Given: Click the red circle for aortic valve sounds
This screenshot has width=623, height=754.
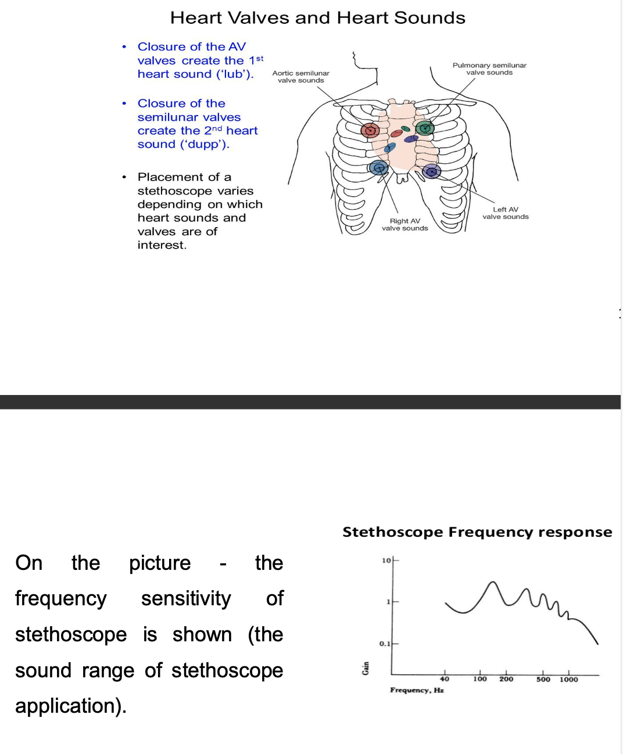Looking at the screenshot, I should point(370,130).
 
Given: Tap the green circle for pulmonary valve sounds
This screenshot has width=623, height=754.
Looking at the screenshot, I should point(425,128).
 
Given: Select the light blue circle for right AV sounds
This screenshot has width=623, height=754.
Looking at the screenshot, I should point(378,168).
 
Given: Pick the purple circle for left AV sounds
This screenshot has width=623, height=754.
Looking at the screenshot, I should point(431,171).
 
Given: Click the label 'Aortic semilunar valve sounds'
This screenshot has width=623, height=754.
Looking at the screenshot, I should point(300,77).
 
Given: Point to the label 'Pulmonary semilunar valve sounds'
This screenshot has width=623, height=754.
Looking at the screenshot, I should point(489,69).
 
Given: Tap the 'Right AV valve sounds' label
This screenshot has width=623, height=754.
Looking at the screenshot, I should point(404,224).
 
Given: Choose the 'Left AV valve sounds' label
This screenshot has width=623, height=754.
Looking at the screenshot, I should point(505,213).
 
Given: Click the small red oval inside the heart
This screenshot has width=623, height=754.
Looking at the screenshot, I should point(396,134).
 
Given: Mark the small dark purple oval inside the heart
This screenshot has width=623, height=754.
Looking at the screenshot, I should point(411,139).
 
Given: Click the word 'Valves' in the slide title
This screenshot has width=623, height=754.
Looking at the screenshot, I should point(257,18).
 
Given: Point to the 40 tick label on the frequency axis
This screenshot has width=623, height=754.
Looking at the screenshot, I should point(445,679).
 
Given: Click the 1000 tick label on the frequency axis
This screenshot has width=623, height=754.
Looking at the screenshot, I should point(569,679).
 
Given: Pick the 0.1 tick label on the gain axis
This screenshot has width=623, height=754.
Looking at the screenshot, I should point(385,644).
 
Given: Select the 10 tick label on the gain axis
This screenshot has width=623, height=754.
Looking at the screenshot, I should point(386,560).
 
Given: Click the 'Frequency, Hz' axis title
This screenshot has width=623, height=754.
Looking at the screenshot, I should point(417,690).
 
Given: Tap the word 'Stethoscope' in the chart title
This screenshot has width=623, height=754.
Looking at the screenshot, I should point(393,532).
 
